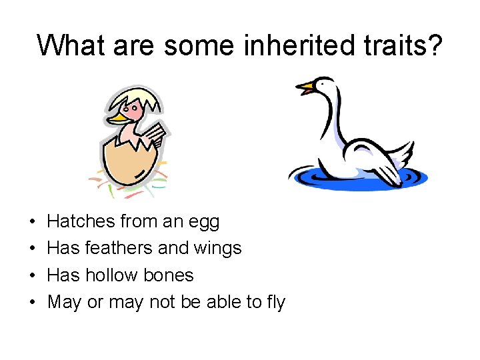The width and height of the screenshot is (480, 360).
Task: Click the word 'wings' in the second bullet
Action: [217, 249]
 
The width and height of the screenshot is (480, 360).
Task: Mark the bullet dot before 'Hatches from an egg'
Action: [32, 221]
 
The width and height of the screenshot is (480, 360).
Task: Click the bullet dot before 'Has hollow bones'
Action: [32, 275]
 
